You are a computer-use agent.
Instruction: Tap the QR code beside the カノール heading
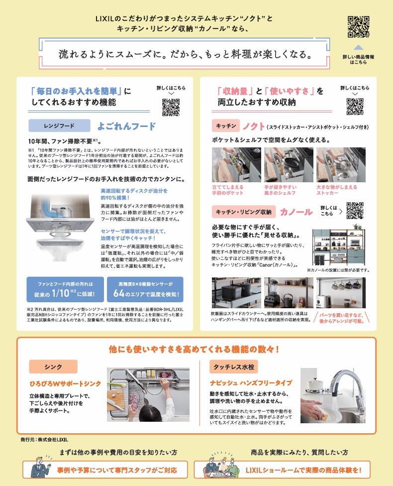tap(355, 211)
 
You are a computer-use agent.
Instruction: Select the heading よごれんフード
tap(126, 126)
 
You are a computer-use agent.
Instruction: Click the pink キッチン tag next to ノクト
tap(226, 125)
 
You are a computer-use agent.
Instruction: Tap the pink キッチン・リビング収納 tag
tap(244, 212)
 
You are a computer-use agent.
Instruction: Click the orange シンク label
tap(53, 367)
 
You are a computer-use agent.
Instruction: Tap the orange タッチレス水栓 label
tap(234, 367)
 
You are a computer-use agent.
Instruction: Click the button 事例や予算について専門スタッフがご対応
tap(105, 470)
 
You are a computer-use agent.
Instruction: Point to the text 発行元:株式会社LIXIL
tap(44, 440)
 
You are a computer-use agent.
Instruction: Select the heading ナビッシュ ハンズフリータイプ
tap(251, 383)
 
